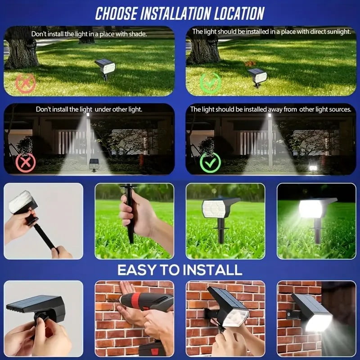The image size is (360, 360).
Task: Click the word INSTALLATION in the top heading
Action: [x=175, y=13]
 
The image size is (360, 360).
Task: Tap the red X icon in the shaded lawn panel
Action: [x=25, y=83]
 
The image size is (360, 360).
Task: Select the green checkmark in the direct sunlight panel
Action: [x=210, y=83]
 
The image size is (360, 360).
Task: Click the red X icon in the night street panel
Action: [x=26, y=162]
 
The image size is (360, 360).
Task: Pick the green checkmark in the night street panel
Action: [x=210, y=162]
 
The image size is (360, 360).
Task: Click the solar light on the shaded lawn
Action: [x=105, y=68]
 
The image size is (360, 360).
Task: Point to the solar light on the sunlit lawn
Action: [x=257, y=77]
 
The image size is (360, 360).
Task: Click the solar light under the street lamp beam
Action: [x=94, y=165]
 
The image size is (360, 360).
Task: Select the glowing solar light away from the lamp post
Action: [x=313, y=167]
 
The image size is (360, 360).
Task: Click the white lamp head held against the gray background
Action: [x=21, y=202]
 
